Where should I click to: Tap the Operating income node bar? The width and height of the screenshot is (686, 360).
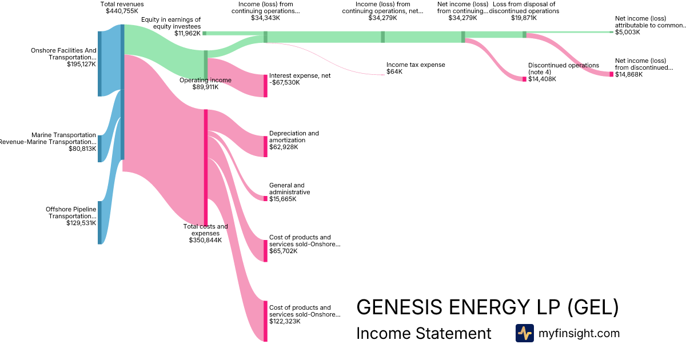click(206, 63)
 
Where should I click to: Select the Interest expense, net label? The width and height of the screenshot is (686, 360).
click(300, 75)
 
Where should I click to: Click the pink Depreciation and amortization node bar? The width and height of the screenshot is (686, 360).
click(265, 146)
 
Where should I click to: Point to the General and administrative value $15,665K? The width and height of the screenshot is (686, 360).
click(284, 199)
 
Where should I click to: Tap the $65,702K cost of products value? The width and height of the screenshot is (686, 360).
click(284, 251)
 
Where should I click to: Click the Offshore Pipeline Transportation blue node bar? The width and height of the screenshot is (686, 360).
click(99, 222)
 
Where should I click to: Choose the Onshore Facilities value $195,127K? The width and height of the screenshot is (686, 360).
click(81, 65)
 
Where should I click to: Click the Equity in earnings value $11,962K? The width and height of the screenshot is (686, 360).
click(188, 33)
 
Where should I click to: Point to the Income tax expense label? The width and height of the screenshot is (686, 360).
click(416, 65)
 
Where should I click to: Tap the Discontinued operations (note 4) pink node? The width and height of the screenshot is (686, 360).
click(524, 79)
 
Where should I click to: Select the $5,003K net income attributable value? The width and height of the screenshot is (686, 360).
click(628, 33)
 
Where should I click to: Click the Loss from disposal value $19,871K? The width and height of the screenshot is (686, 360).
click(524, 18)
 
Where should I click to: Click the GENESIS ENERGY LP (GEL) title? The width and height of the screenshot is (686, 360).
click(487, 307)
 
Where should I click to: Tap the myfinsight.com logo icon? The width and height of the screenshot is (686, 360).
click(524, 333)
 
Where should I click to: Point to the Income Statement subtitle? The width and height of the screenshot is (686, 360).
click(424, 333)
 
